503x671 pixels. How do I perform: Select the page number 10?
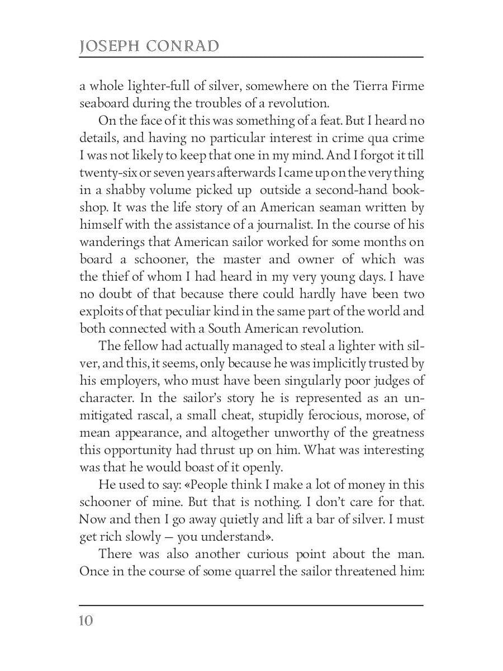pyautogui.click(x=86, y=621)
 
